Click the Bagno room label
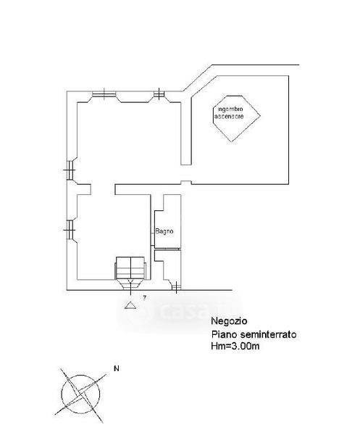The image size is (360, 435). pos(164,231)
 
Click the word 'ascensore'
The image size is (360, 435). pos(229,116)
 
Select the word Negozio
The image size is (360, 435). pos(229,321)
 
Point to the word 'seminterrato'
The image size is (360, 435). pos(268,334)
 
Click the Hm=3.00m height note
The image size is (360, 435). pos(235,347)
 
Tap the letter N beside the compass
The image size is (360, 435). pos(117,368)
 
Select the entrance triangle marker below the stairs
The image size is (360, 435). pos(130,305)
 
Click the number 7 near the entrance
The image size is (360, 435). pos(144,298)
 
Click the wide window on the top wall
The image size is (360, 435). pos(104,94)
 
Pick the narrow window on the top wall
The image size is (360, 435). pos(159,94)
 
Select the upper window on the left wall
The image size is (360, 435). pos(70,170)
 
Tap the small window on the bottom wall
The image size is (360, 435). pos(176,287)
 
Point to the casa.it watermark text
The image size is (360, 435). pos(194,311)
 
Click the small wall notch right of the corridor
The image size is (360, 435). pos(186,183)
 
